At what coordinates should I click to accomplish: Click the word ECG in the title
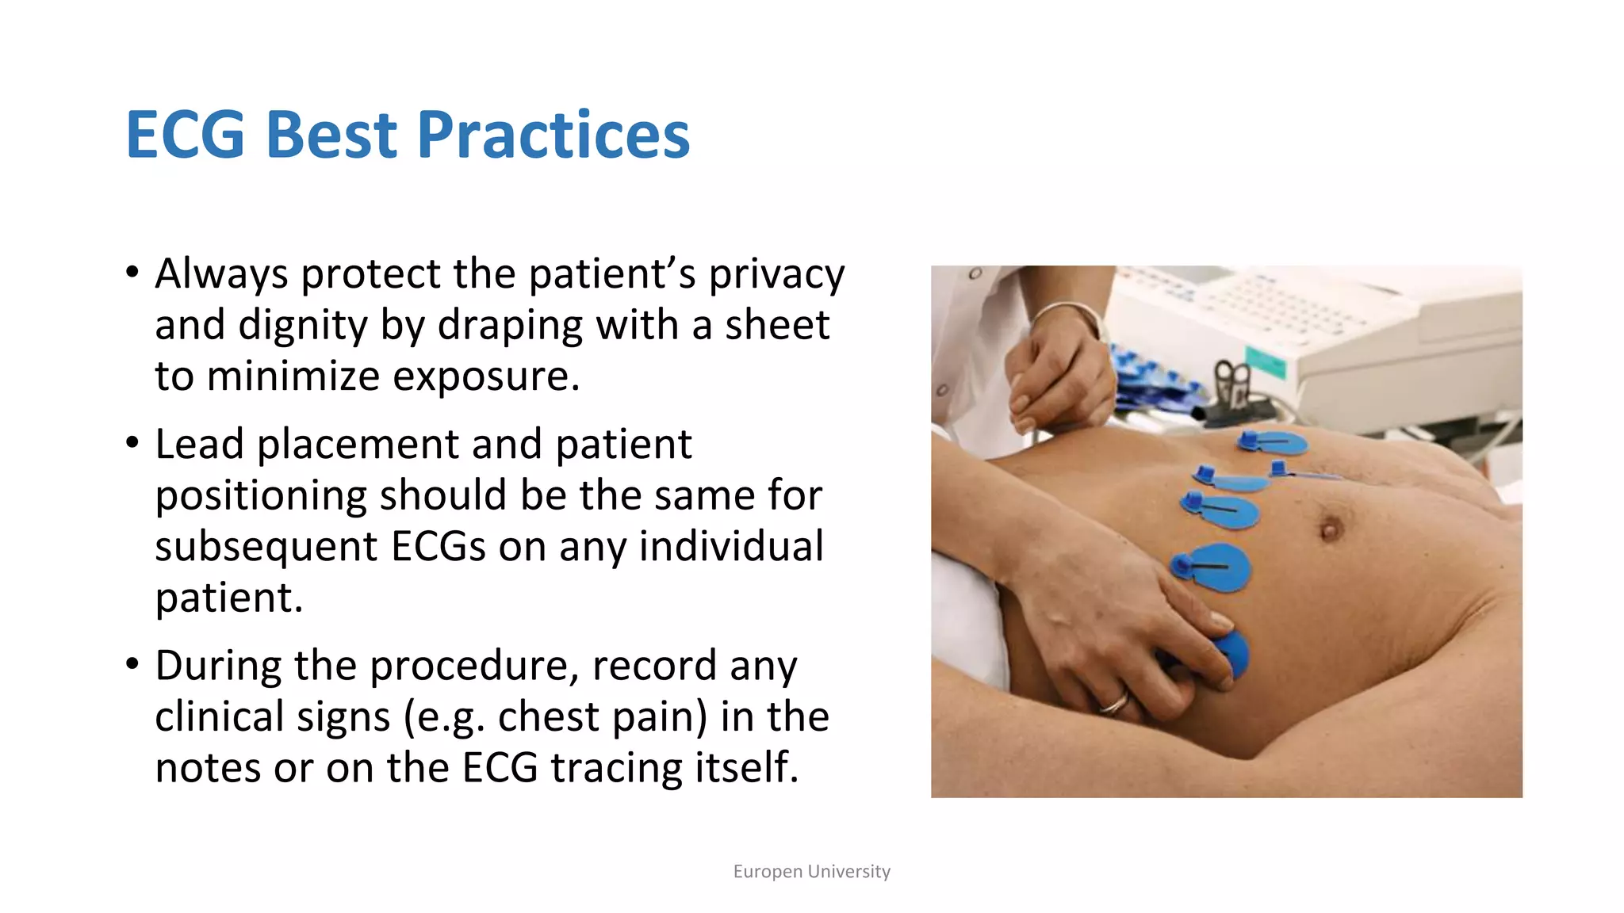click(x=185, y=135)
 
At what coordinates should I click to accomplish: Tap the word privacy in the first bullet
click(x=776, y=274)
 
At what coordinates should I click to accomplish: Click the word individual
click(x=731, y=547)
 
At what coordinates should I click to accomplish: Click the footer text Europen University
click(x=811, y=872)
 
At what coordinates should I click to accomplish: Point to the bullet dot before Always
click(x=132, y=273)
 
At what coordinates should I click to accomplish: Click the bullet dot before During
click(x=132, y=664)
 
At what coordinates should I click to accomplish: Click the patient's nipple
click(x=1331, y=529)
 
